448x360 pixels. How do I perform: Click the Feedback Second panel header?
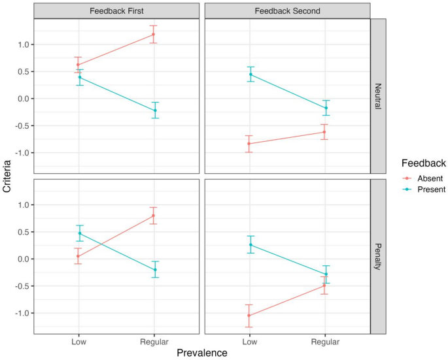(x=286, y=10)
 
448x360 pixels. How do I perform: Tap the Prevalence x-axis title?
(x=201, y=353)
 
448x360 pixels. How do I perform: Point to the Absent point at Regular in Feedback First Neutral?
(x=154, y=34)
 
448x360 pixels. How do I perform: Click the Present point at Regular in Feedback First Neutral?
(x=154, y=110)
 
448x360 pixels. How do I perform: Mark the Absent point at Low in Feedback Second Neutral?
(x=249, y=143)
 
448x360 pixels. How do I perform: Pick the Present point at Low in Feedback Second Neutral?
(x=250, y=74)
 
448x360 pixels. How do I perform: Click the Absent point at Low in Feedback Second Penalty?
(x=249, y=316)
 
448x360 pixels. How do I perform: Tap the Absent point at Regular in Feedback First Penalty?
(x=154, y=216)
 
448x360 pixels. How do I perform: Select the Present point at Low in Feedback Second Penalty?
(x=250, y=245)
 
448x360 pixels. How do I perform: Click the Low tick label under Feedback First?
(x=79, y=341)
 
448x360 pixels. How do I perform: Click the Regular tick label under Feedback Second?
(x=324, y=341)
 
